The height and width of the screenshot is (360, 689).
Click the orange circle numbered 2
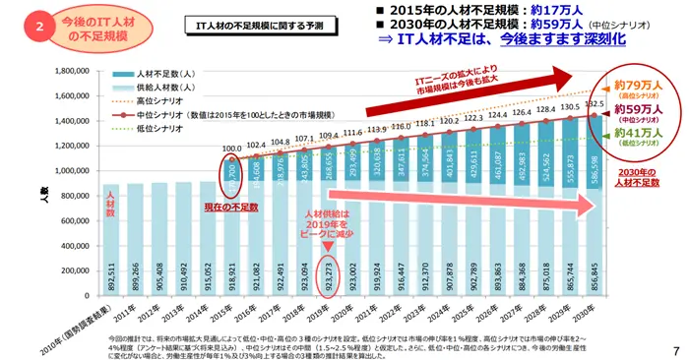click(39, 27)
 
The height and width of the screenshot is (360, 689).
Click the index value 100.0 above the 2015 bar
click(232, 150)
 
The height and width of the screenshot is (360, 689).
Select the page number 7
click(675, 350)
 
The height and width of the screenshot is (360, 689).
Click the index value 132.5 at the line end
click(594, 102)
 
